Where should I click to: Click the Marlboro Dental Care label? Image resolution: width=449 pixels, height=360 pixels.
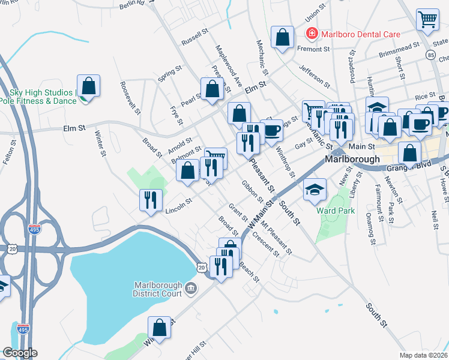pyautogui.click(x=361, y=34)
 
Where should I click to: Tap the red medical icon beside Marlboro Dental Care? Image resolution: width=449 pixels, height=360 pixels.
pyautogui.click(x=312, y=34)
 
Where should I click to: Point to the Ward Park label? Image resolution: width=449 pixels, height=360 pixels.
pyautogui.click(x=336, y=211)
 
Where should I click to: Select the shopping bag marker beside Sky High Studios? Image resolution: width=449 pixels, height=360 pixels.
pyautogui.click(x=88, y=86)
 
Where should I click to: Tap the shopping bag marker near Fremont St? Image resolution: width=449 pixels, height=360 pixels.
pyautogui.click(x=282, y=37)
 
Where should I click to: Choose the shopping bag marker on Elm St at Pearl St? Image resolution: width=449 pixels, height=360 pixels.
pyautogui.click(x=212, y=89)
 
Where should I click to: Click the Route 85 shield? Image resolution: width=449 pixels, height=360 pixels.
pyautogui.click(x=432, y=55)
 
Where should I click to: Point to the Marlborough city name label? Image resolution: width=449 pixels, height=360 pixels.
pyautogui.click(x=352, y=160)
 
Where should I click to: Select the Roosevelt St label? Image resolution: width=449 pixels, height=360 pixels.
pyautogui.click(x=130, y=98)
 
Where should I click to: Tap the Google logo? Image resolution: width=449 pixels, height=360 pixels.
pyautogui.click(x=20, y=353)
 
